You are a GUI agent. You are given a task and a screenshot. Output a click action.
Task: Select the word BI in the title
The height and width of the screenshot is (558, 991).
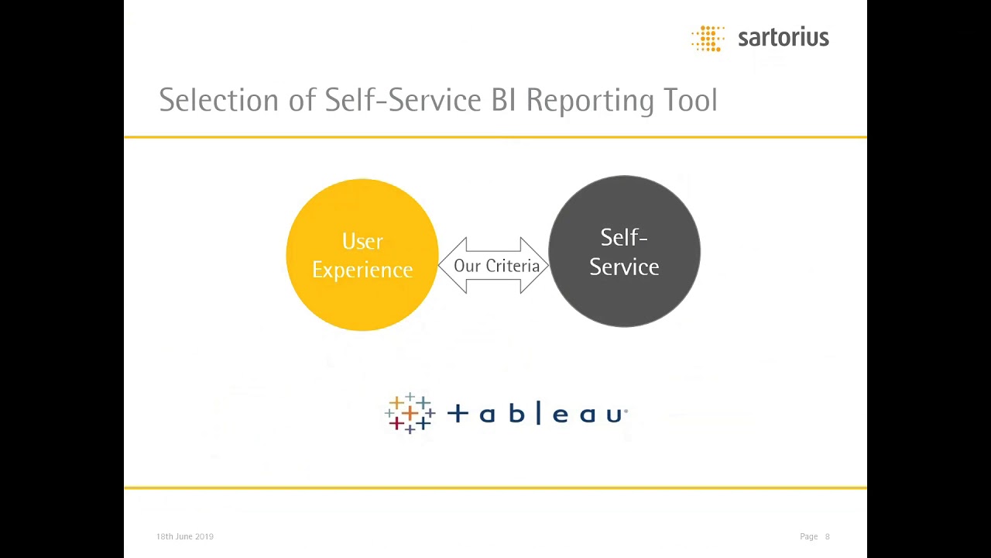(503, 100)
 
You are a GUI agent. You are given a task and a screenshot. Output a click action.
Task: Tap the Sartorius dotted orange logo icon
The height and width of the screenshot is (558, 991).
(708, 38)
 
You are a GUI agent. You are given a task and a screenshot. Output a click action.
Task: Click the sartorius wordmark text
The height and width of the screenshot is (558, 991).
(783, 37)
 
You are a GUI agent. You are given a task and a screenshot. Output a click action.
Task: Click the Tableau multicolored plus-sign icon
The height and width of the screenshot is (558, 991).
(410, 413)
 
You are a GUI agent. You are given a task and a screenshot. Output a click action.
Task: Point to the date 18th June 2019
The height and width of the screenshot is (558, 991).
(185, 536)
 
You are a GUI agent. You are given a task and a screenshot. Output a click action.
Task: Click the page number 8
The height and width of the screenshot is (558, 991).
(827, 536)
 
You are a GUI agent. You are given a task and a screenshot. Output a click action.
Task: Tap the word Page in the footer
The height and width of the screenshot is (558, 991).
(808, 536)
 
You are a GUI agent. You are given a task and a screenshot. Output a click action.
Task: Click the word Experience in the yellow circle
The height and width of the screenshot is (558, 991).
(362, 270)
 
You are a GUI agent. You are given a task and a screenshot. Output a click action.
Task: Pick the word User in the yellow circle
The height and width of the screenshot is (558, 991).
(362, 242)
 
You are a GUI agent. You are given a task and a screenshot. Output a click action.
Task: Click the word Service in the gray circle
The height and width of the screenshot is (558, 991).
(624, 267)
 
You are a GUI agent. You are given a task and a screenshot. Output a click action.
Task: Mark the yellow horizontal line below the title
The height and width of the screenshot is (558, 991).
(495, 137)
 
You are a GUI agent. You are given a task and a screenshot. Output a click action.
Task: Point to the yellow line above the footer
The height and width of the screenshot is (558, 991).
(495, 487)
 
